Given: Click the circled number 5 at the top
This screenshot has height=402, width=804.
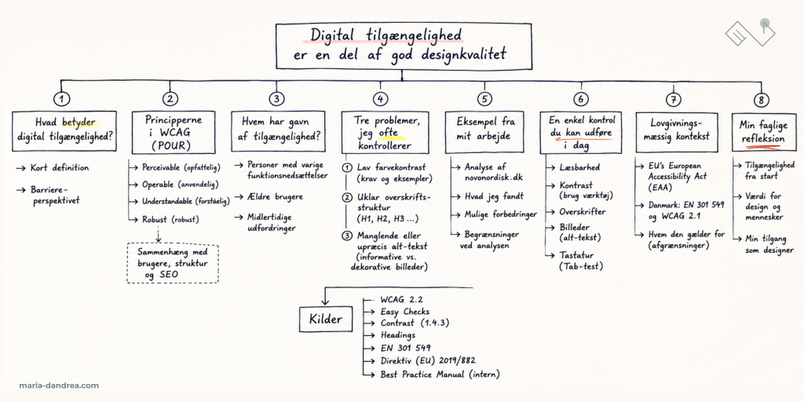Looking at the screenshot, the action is point(484,99).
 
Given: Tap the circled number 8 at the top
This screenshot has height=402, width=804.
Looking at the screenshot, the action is point(762,99).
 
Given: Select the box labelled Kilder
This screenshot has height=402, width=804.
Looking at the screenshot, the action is point(326,320).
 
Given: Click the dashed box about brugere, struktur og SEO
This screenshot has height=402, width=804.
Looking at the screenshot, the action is point(172,264).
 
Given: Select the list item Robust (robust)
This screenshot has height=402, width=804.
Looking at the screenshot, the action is point(170,220).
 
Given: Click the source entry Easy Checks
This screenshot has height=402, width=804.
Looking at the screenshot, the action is point(404,311).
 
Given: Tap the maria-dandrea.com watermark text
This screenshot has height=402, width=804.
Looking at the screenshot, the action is point(59,386).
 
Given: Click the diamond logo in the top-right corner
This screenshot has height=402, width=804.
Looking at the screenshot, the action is point(750,31).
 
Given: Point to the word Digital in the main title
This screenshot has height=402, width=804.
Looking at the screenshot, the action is point(332,35).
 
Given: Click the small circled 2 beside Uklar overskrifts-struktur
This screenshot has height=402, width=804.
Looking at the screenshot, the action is point(347,197).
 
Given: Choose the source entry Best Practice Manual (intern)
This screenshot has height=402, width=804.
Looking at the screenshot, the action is point(440,375).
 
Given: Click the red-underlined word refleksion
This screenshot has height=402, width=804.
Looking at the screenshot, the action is point(762,139).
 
